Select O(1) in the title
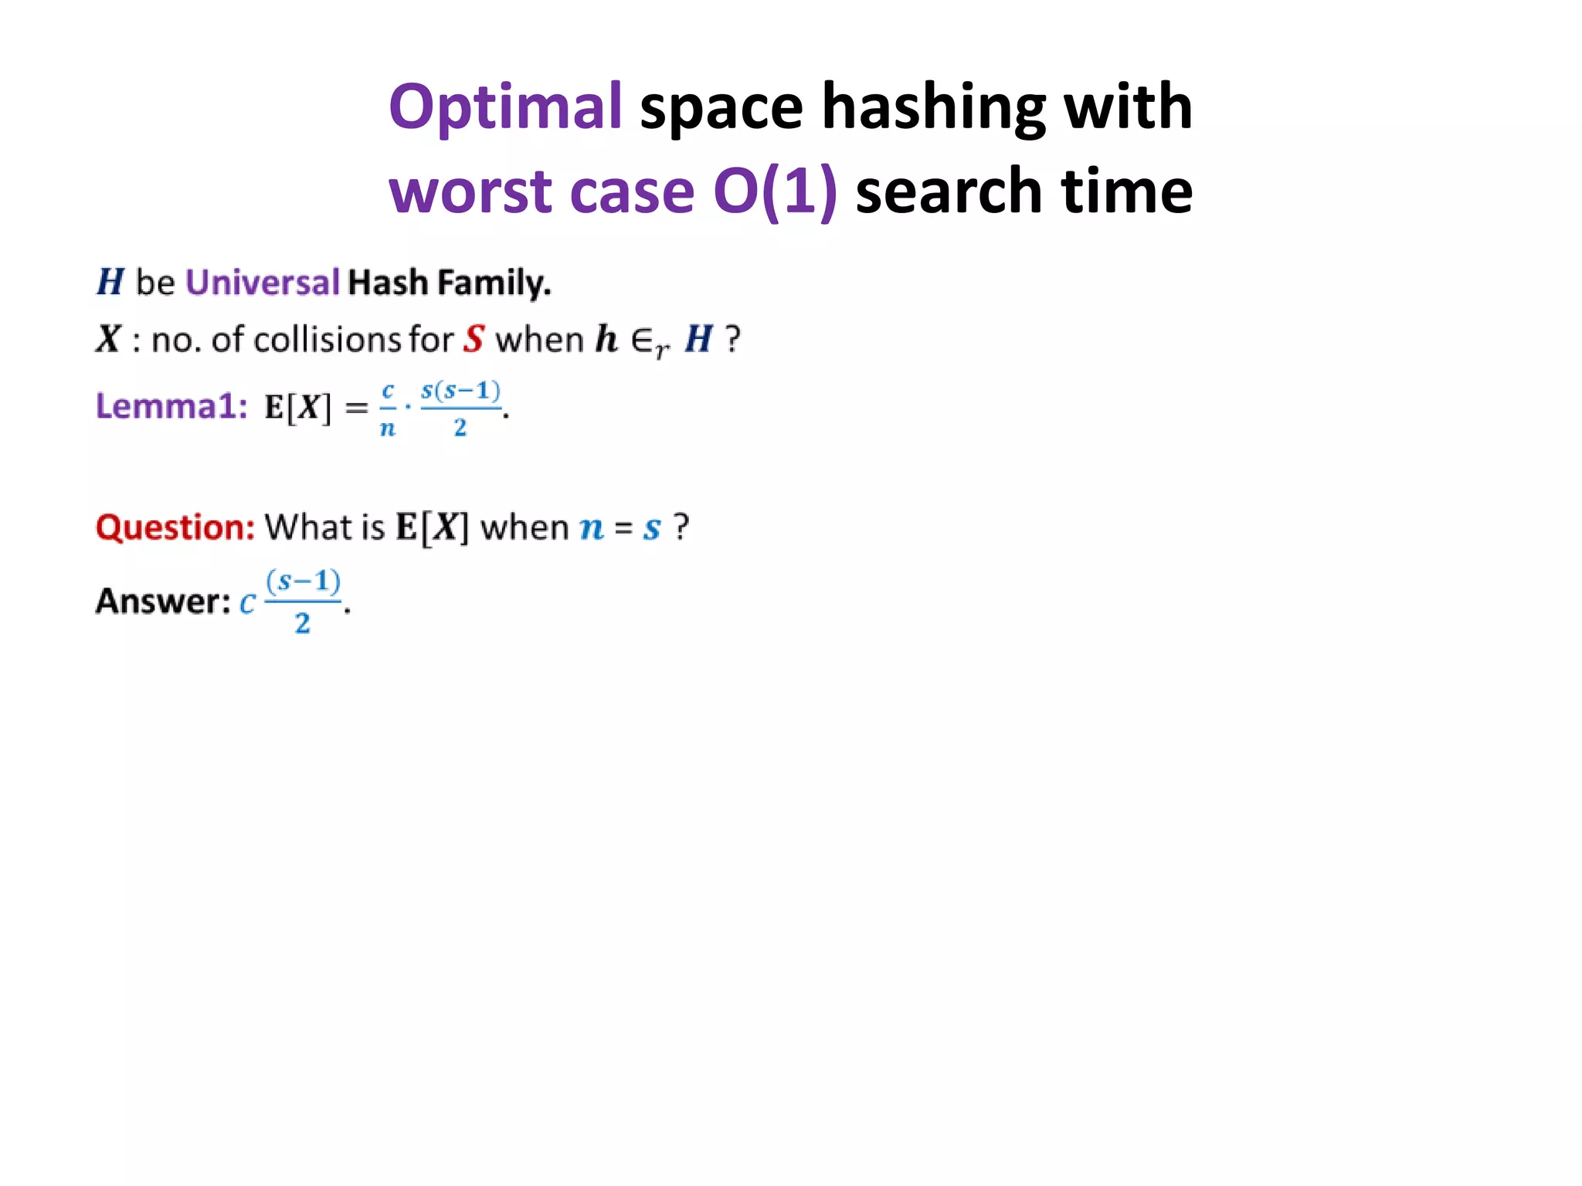click(775, 191)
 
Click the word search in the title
click(949, 191)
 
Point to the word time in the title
click(1126, 191)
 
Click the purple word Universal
click(263, 283)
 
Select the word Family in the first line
click(494, 283)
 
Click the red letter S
click(474, 340)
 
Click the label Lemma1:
click(171, 406)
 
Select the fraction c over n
click(388, 409)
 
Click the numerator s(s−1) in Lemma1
click(460, 391)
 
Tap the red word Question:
click(175, 527)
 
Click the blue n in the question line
click(592, 528)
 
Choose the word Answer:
click(163, 601)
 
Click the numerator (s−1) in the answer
click(303, 581)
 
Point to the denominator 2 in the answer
click(303, 622)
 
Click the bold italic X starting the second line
click(109, 340)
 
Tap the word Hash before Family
click(388, 283)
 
